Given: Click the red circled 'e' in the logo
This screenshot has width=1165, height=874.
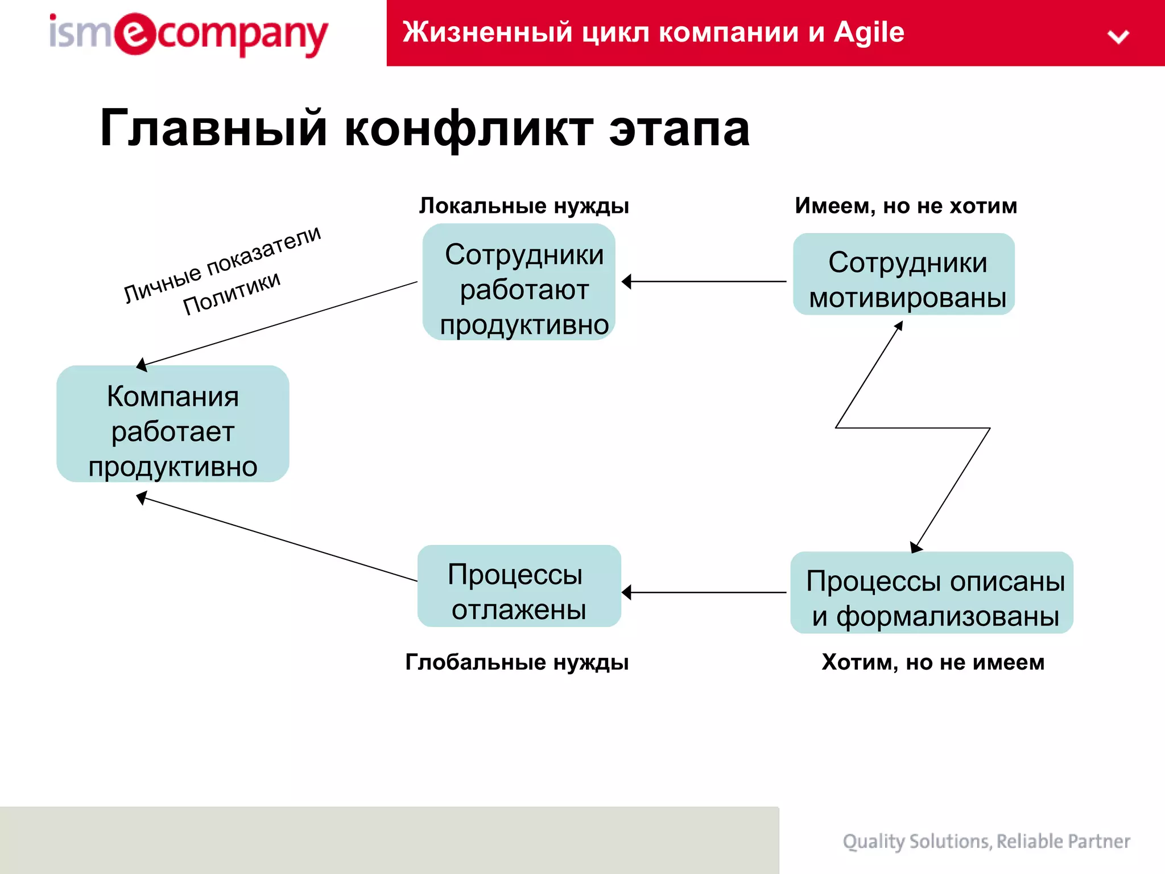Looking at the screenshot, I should click(134, 34).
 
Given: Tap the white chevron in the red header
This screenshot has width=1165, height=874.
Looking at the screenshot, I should click(1118, 37).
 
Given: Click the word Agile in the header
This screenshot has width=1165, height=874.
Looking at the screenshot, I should click(869, 32).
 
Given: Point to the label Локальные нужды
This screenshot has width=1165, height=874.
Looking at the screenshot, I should click(524, 206).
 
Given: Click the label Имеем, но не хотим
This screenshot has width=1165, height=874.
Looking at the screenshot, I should click(906, 206).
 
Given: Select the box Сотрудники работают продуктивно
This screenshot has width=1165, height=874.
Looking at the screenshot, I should click(519, 282).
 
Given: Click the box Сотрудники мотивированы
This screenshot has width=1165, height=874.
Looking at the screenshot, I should click(904, 274).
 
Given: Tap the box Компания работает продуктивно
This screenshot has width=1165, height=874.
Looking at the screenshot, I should click(173, 424).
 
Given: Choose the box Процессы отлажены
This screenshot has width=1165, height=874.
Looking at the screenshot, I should click(519, 586).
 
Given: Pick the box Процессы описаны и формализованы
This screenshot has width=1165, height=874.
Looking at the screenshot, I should click(932, 592).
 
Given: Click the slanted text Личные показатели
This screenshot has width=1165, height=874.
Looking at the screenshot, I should click(222, 263).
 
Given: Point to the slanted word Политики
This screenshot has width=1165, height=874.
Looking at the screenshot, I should click(232, 292).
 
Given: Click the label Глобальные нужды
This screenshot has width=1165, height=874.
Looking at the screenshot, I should click(517, 662).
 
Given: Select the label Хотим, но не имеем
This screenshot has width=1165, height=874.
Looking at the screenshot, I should click(933, 662).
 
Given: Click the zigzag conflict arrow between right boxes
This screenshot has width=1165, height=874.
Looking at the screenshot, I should click(912, 427).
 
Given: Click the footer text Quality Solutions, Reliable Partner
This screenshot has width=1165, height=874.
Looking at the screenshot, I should click(986, 841).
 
